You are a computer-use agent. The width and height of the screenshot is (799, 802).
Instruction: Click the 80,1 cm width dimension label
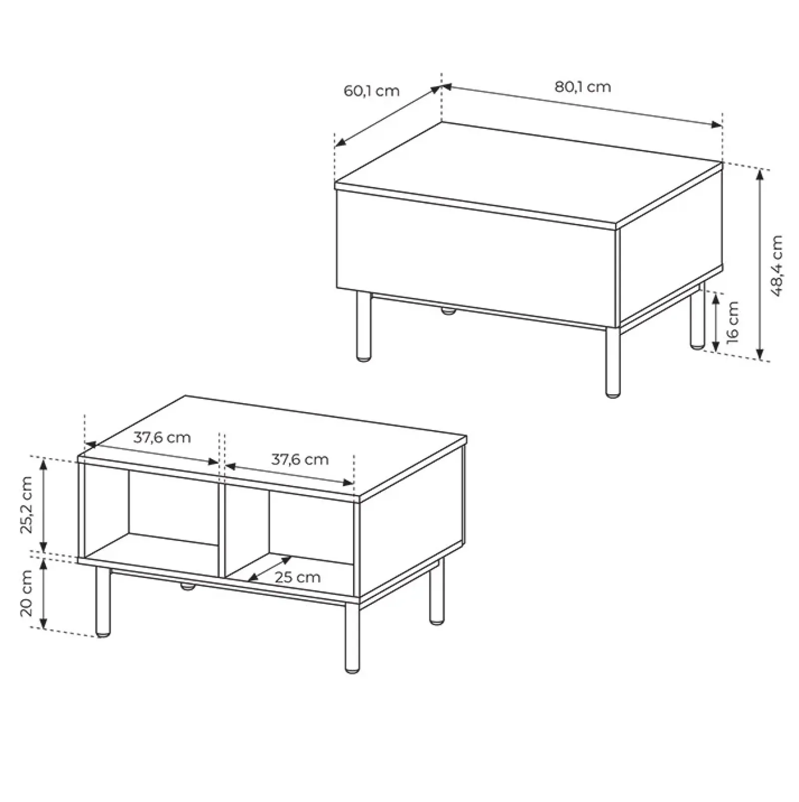pos(583,87)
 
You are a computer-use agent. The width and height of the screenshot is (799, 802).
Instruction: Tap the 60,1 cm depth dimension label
pos(372,91)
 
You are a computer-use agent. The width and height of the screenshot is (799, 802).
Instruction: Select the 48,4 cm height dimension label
pos(777,266)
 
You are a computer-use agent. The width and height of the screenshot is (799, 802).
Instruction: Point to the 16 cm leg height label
pos(732,322)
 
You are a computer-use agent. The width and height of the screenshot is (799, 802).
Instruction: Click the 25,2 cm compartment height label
pos(26,505)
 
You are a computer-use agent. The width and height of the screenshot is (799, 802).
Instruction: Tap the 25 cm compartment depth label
pos(298,577)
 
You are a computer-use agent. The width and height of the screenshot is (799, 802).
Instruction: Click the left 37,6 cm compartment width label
pos(162,438)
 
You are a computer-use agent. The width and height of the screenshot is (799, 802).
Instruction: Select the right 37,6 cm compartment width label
pos(300,460)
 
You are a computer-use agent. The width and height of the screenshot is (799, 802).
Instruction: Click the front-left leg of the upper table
pos(364,327)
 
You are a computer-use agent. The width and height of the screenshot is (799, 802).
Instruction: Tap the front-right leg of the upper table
pos(612,362)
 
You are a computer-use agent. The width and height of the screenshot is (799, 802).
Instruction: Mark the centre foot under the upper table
pos(448,311)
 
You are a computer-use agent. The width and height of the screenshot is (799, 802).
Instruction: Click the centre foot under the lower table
pos(187,586)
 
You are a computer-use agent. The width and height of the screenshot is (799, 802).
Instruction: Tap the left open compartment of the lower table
pos(150,514)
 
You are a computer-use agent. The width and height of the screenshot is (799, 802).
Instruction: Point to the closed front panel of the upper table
pos(477,260)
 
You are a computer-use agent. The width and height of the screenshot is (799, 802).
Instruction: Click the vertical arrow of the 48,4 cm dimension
pos(760,265)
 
